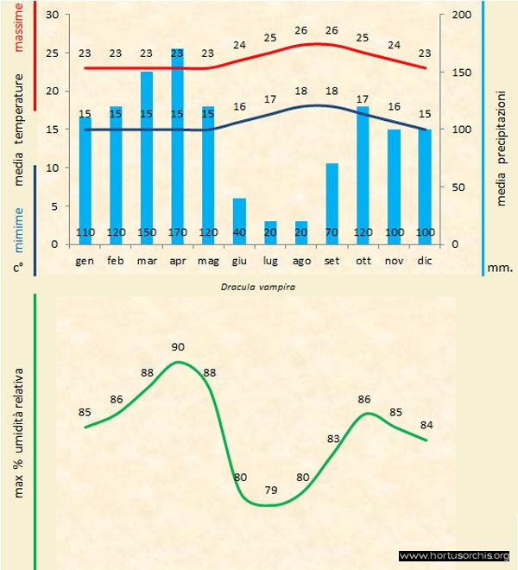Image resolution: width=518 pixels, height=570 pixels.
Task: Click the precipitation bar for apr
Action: point(177,147)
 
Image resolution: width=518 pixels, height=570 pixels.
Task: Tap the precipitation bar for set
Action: point(332,199)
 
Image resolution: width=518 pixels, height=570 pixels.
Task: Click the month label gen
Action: point(85,260)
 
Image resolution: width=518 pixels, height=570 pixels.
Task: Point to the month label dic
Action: point(424,260)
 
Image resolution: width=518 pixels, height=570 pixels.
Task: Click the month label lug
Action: point(270,260)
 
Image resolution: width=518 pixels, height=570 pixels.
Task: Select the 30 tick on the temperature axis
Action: point(52,16)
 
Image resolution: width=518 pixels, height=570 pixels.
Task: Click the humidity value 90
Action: point(178,347)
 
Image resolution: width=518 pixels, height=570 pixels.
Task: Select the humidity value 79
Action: point(270,491)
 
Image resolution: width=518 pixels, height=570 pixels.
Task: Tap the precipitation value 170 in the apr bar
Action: point(178,233)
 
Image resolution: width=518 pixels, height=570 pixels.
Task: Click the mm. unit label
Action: point(500,268)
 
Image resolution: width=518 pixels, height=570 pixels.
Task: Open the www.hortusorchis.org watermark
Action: point(454,555)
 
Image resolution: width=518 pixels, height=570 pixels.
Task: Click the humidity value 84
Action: point(426,424)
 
